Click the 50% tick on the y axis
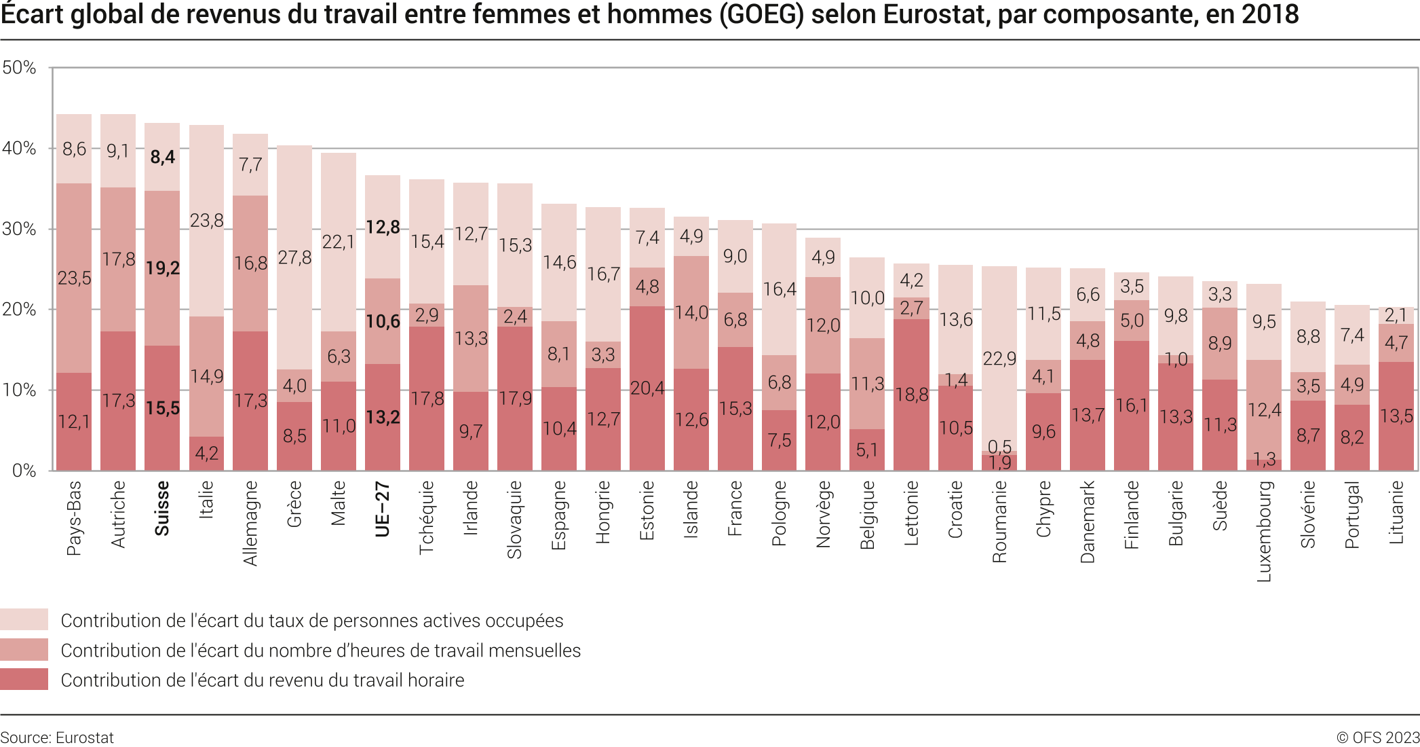19,68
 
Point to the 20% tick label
19,310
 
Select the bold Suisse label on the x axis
162,508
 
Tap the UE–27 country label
383,509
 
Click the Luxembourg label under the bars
1264,531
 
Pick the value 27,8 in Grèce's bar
294,258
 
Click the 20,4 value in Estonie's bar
647,388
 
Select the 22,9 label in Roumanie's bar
999,359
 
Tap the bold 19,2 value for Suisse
163,268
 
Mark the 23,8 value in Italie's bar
206,221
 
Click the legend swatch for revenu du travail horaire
24,680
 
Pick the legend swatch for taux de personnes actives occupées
24,620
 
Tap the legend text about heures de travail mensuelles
321,651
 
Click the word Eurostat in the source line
85,737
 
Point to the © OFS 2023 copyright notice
1377,737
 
